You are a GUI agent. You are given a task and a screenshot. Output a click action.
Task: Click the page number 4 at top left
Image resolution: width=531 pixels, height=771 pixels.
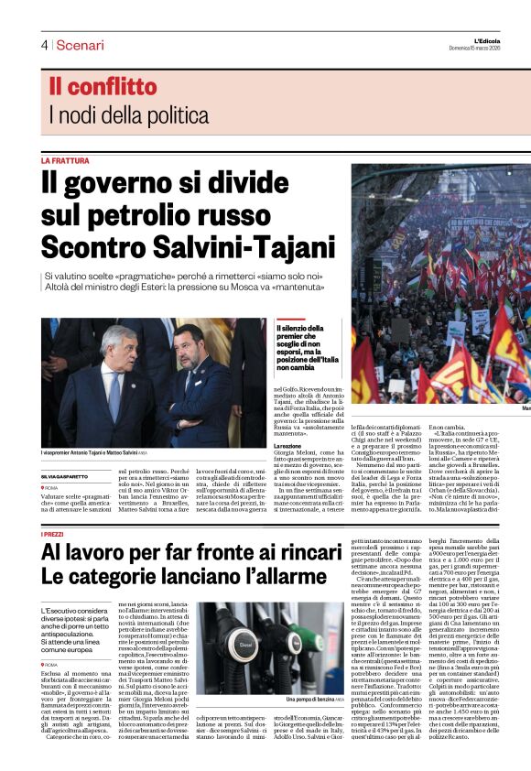(44, 45)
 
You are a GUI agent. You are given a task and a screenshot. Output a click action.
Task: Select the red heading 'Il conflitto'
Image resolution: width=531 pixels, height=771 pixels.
(103, 88)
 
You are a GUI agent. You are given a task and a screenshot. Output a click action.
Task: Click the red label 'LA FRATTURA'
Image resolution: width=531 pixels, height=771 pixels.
(65, 160)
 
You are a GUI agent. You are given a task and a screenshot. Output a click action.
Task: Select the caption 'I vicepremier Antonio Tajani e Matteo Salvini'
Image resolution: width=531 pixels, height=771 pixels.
(90, 429)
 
